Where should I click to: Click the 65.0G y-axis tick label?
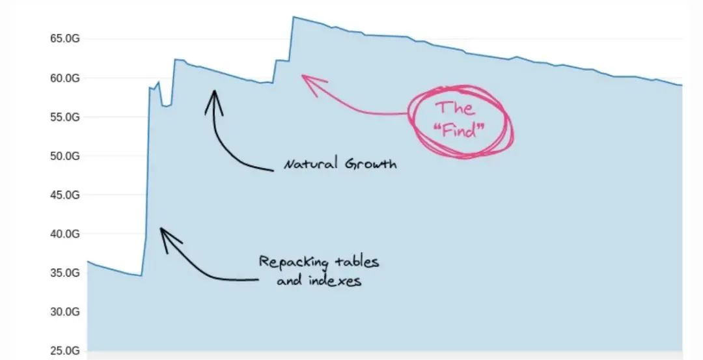(x=64, y=39)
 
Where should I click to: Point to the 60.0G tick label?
(x=64, y=78)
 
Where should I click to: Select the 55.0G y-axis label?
(x=64, y=117)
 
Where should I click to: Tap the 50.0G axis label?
(x=64, y=156)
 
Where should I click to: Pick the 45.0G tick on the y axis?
(x=64, y=195)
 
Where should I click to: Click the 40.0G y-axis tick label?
(x=64, y=234)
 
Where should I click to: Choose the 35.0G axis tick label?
(x=64, y=273)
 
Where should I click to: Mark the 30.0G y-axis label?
(x=64, y=312)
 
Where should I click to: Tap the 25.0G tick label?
(x=64, y=351)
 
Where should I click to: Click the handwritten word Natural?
(x=310, y=163)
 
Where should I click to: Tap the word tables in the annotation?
(x=356, y=262)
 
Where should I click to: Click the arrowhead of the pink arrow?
(x=304, y=77)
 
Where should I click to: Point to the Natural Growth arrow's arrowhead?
(x=213, y=92)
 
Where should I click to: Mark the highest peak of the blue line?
(x=294, y=17)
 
